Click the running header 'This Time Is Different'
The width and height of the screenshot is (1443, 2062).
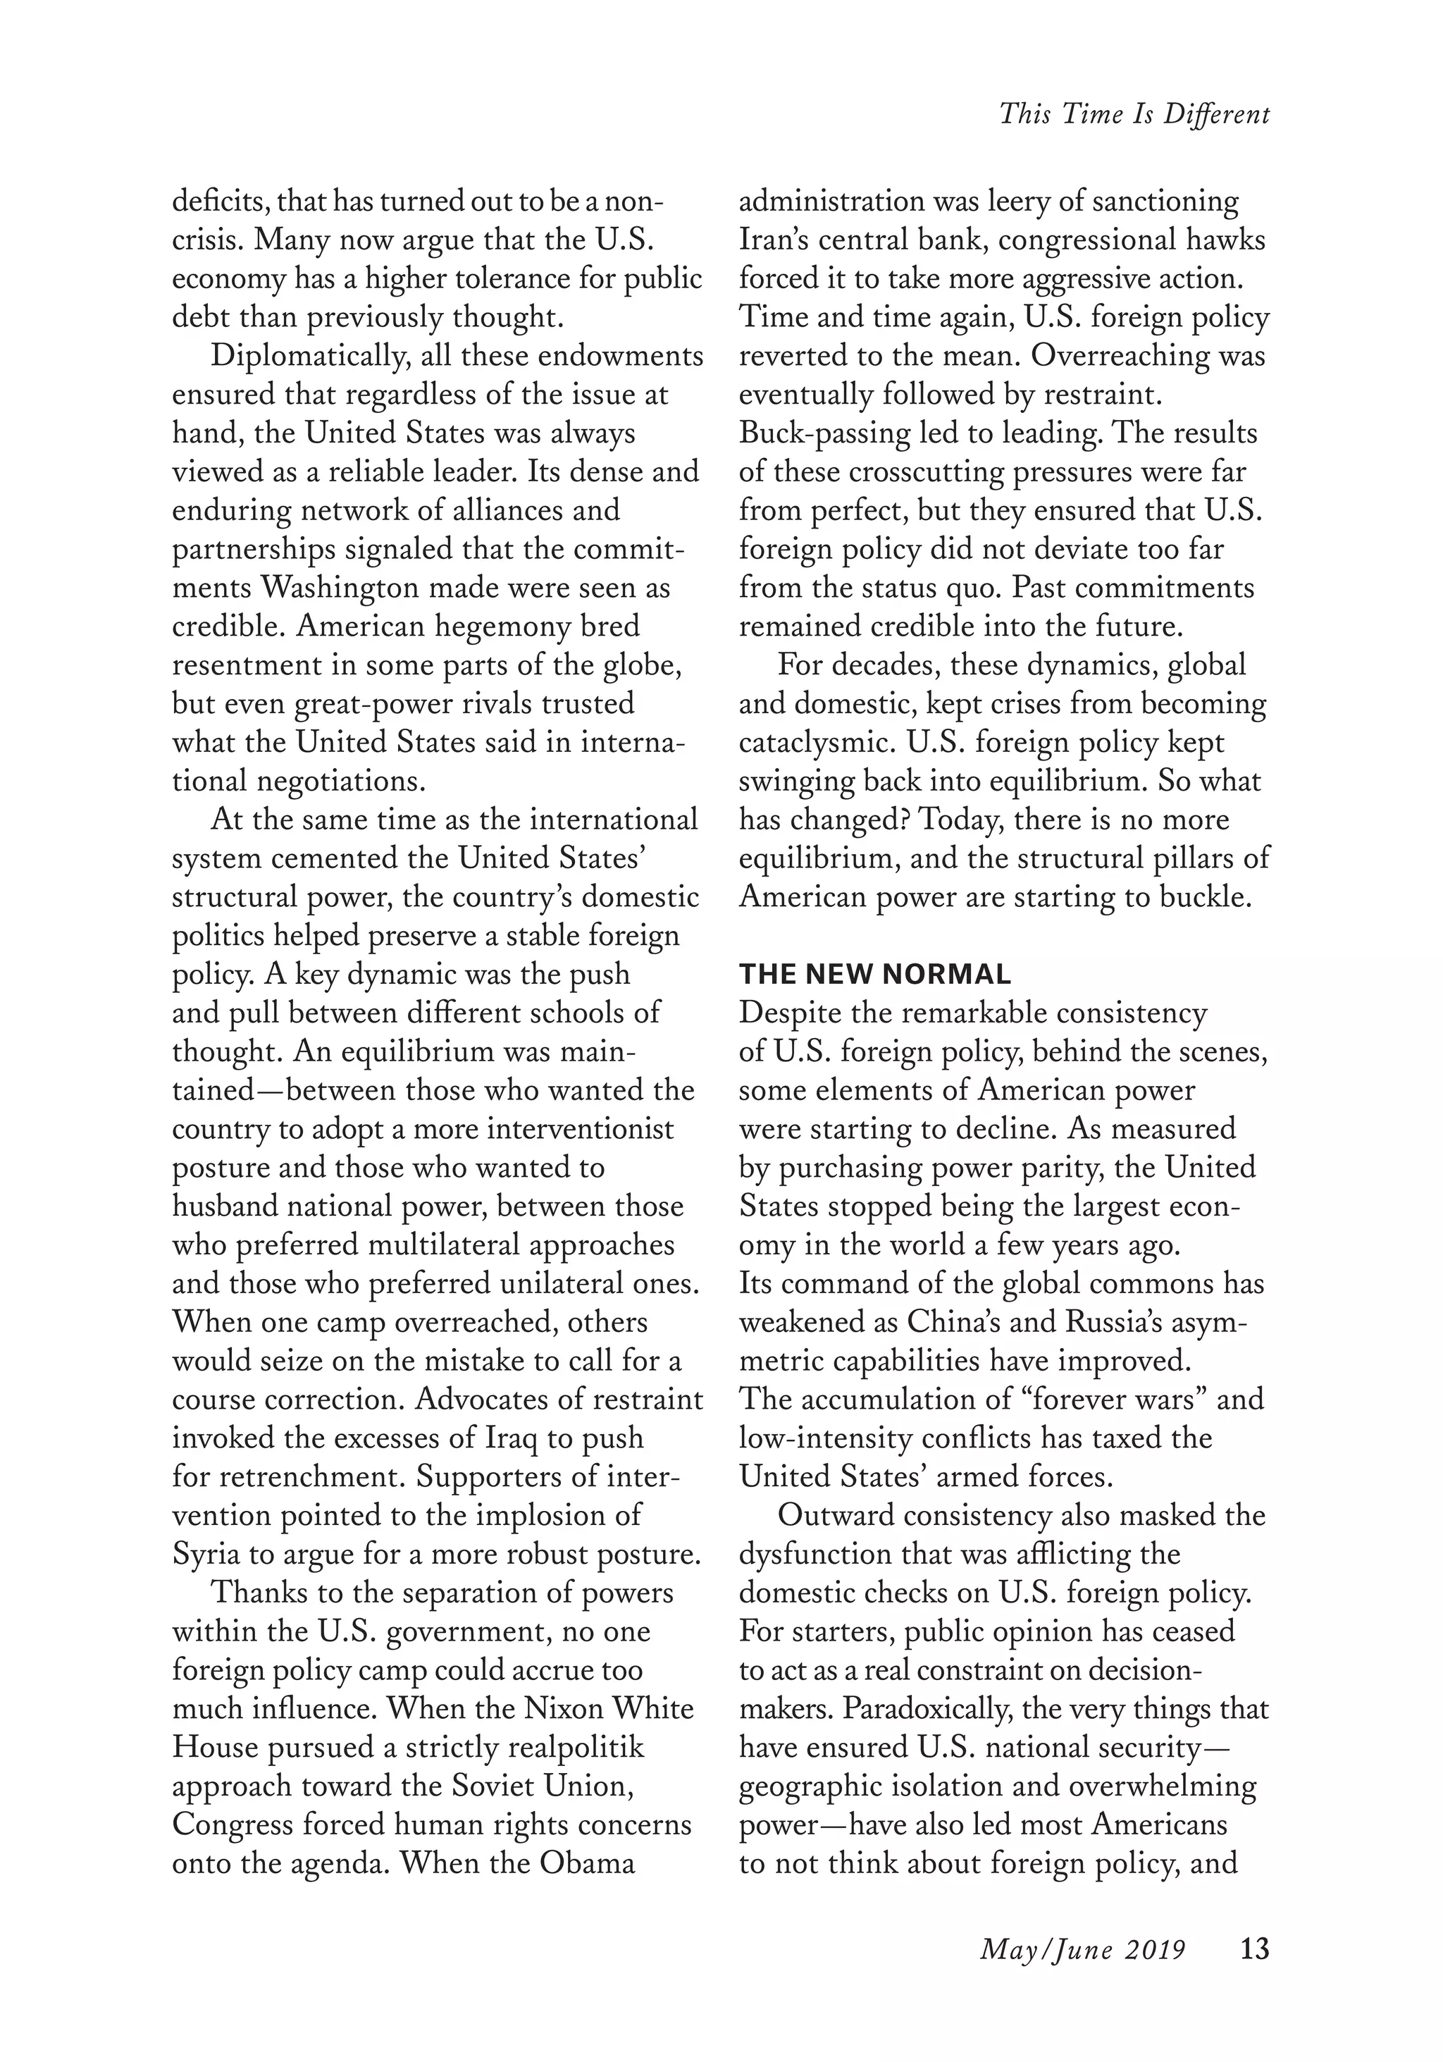(x=1134, y=115)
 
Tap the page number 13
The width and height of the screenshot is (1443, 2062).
(x=1254, y=1950)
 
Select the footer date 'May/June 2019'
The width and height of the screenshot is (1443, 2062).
(x=1083, y=1951)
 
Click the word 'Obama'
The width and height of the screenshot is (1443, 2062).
(x=587, y=1863)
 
